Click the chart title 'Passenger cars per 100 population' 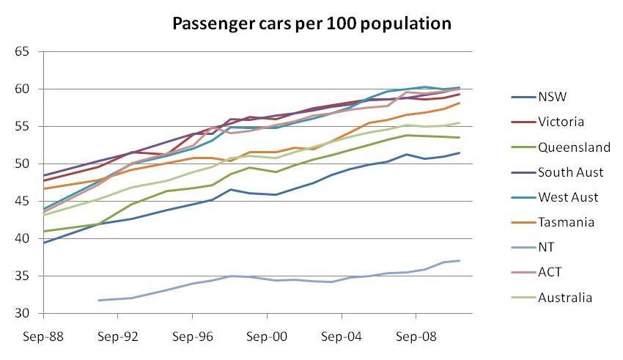311,23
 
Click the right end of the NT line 460,260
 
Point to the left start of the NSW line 44,243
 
